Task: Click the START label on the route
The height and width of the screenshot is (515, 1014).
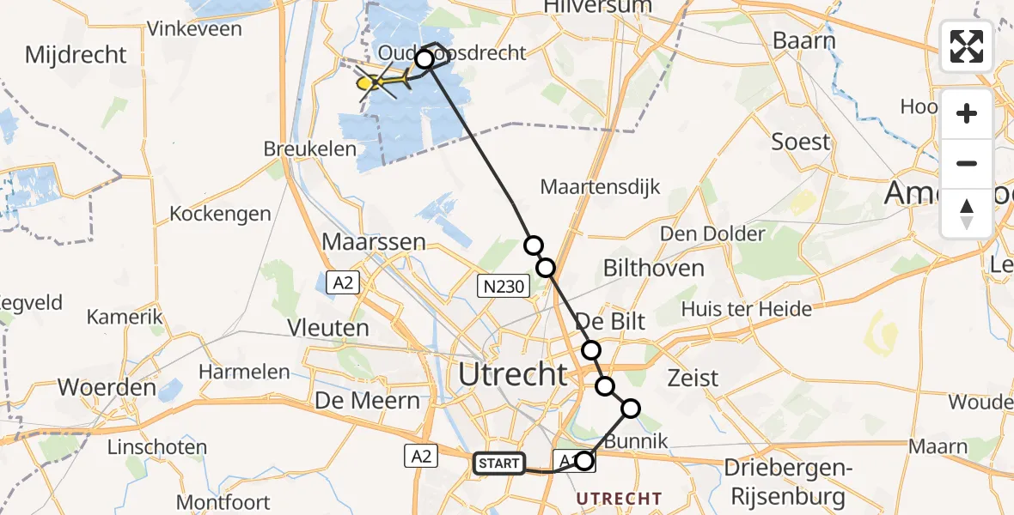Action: [x=499, y=464]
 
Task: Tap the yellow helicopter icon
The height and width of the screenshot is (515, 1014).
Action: [x=379, y=82]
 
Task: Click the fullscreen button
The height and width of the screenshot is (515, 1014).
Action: [x=967, y=46]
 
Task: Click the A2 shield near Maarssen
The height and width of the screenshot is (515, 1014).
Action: [x=344, y=282]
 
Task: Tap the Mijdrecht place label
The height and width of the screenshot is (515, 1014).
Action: [x=76, y=56]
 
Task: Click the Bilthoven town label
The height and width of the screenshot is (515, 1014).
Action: [x=653, y=268]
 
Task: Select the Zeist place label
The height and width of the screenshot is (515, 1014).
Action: [x=693, y=377]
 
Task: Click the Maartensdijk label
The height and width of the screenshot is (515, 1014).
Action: [x=601, y=186]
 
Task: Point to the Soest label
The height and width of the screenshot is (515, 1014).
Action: [x=801, y=142]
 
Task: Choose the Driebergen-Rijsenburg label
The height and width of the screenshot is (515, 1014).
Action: [x=788, y=482]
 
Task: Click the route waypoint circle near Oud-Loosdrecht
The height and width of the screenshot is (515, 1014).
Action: [x=425, y=59]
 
